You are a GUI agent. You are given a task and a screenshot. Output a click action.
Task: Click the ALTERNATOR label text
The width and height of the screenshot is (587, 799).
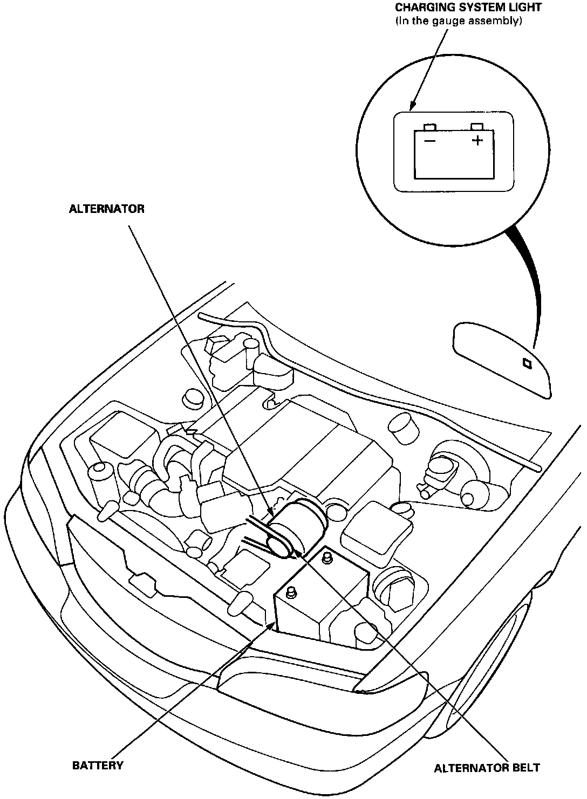pos(106,209)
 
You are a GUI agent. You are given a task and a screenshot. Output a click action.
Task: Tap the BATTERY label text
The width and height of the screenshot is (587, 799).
pos(98,765)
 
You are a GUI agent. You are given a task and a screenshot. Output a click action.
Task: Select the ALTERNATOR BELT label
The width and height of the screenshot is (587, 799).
pos(487,768)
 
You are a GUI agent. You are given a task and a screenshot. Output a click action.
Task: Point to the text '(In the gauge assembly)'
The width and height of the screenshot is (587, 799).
pos(459,22)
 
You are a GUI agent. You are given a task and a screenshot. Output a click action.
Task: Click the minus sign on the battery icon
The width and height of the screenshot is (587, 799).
pos(430,141)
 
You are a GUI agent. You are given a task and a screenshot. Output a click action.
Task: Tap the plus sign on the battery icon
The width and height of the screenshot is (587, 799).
pos(477,141)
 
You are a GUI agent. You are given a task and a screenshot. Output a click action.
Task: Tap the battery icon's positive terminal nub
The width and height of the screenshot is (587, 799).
pos(476,127)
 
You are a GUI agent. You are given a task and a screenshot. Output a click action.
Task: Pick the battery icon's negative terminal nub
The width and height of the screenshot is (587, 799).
pos(430,127)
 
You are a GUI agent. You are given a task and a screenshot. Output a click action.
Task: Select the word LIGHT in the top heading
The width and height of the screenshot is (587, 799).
pos(523,8)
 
